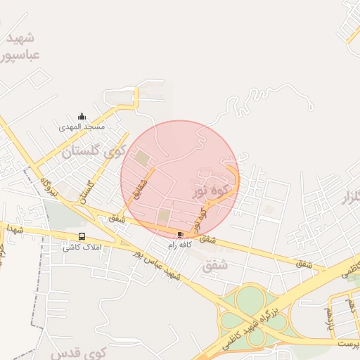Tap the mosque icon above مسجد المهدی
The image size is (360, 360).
82,117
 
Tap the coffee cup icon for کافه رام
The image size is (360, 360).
181,234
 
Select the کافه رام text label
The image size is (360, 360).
180,245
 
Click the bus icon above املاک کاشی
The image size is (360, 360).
82,236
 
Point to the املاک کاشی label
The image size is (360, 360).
82,247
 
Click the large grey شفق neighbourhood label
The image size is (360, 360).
215,266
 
